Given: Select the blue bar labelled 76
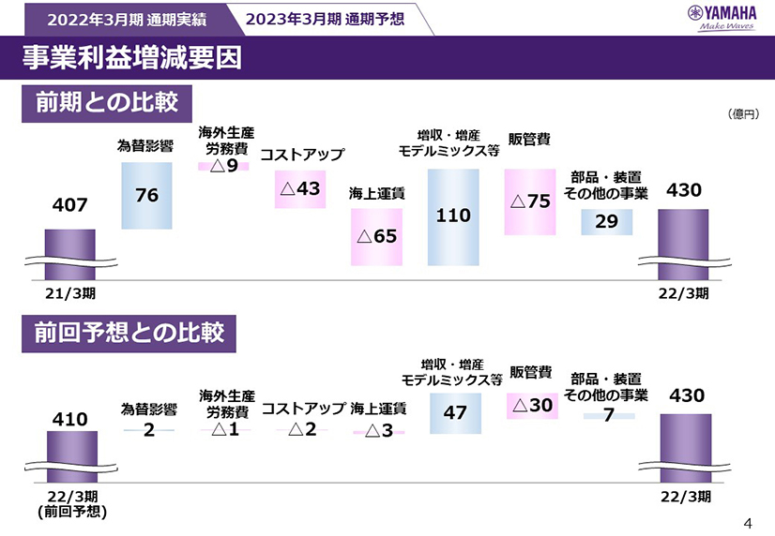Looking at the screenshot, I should (x=146, y=195).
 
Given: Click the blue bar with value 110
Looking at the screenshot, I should (x=453, y=216).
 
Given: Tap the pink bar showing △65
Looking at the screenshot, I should (x=376, y=236).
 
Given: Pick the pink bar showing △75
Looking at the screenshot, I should (x=530, y=201).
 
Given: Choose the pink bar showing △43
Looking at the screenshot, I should (x=300, y=188).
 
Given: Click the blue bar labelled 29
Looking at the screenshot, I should (x=606, y=221).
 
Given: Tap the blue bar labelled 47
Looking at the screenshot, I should (x=455, y=412).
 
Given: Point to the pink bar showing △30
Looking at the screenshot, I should (x=531, y=405).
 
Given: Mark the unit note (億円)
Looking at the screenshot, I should (x=742, y=113).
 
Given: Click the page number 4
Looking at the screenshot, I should (x=748, y=523).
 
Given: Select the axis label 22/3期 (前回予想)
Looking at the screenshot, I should (x=71, y=504).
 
